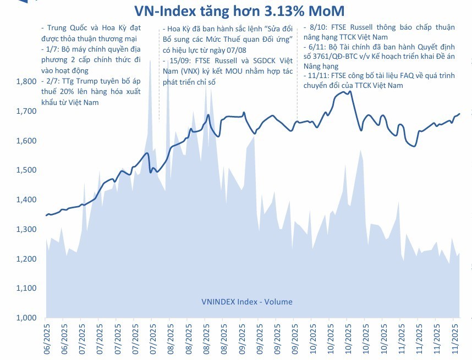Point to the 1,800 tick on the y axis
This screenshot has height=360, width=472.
click(25, 81)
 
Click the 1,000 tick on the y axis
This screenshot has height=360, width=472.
click(25, 318)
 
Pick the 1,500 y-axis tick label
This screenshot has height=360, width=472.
click(25, 170)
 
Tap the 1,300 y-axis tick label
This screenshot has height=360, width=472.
click(25, 229)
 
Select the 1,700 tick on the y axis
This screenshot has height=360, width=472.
click(25, 111)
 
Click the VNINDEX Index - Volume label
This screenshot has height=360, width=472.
click(246, 301)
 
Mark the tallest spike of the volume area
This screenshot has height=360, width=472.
click(150, 60)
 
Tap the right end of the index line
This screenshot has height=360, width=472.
click(460, 114)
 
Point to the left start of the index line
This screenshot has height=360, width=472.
click(46, 215)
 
